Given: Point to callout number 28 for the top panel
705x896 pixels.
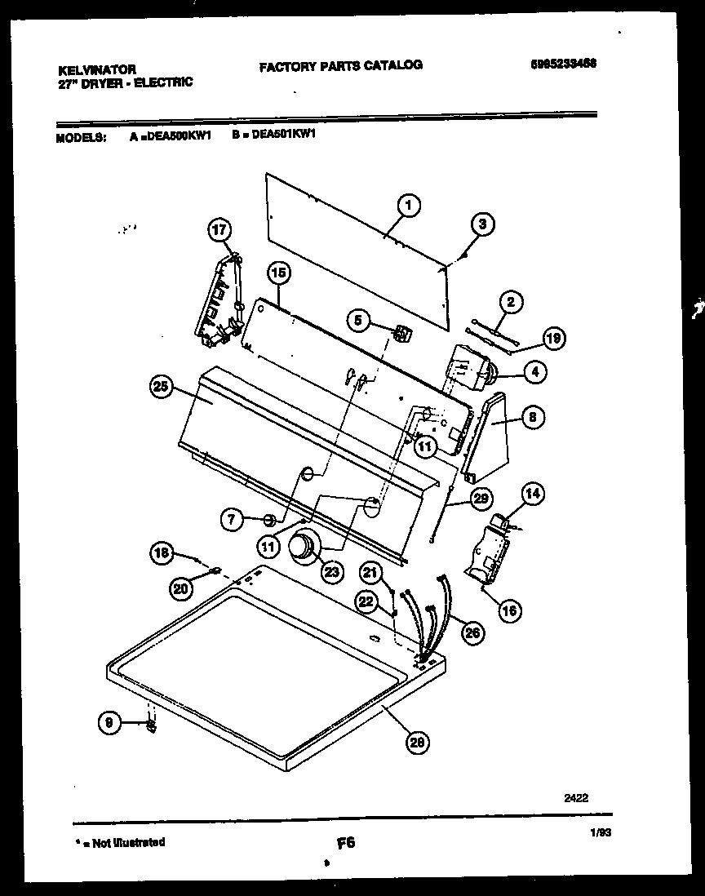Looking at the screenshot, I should tap(418, 741).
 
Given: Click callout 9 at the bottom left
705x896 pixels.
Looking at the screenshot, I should tap(109, 721).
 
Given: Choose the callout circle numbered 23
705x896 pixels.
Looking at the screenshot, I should tap(331, 573).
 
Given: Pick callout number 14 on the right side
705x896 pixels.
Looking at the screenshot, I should tap(533, 493).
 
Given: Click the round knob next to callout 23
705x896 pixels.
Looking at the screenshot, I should tap(303, 545).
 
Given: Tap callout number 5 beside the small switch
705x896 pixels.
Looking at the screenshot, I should tap(359, 321).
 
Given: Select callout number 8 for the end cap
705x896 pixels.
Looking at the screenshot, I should tap(530, 418).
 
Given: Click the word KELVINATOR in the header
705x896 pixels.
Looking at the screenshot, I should tap(97, 70).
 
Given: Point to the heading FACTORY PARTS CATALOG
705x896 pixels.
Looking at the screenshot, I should tap(340, 65).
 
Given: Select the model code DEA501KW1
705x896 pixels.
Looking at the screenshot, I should tap(284, 137).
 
